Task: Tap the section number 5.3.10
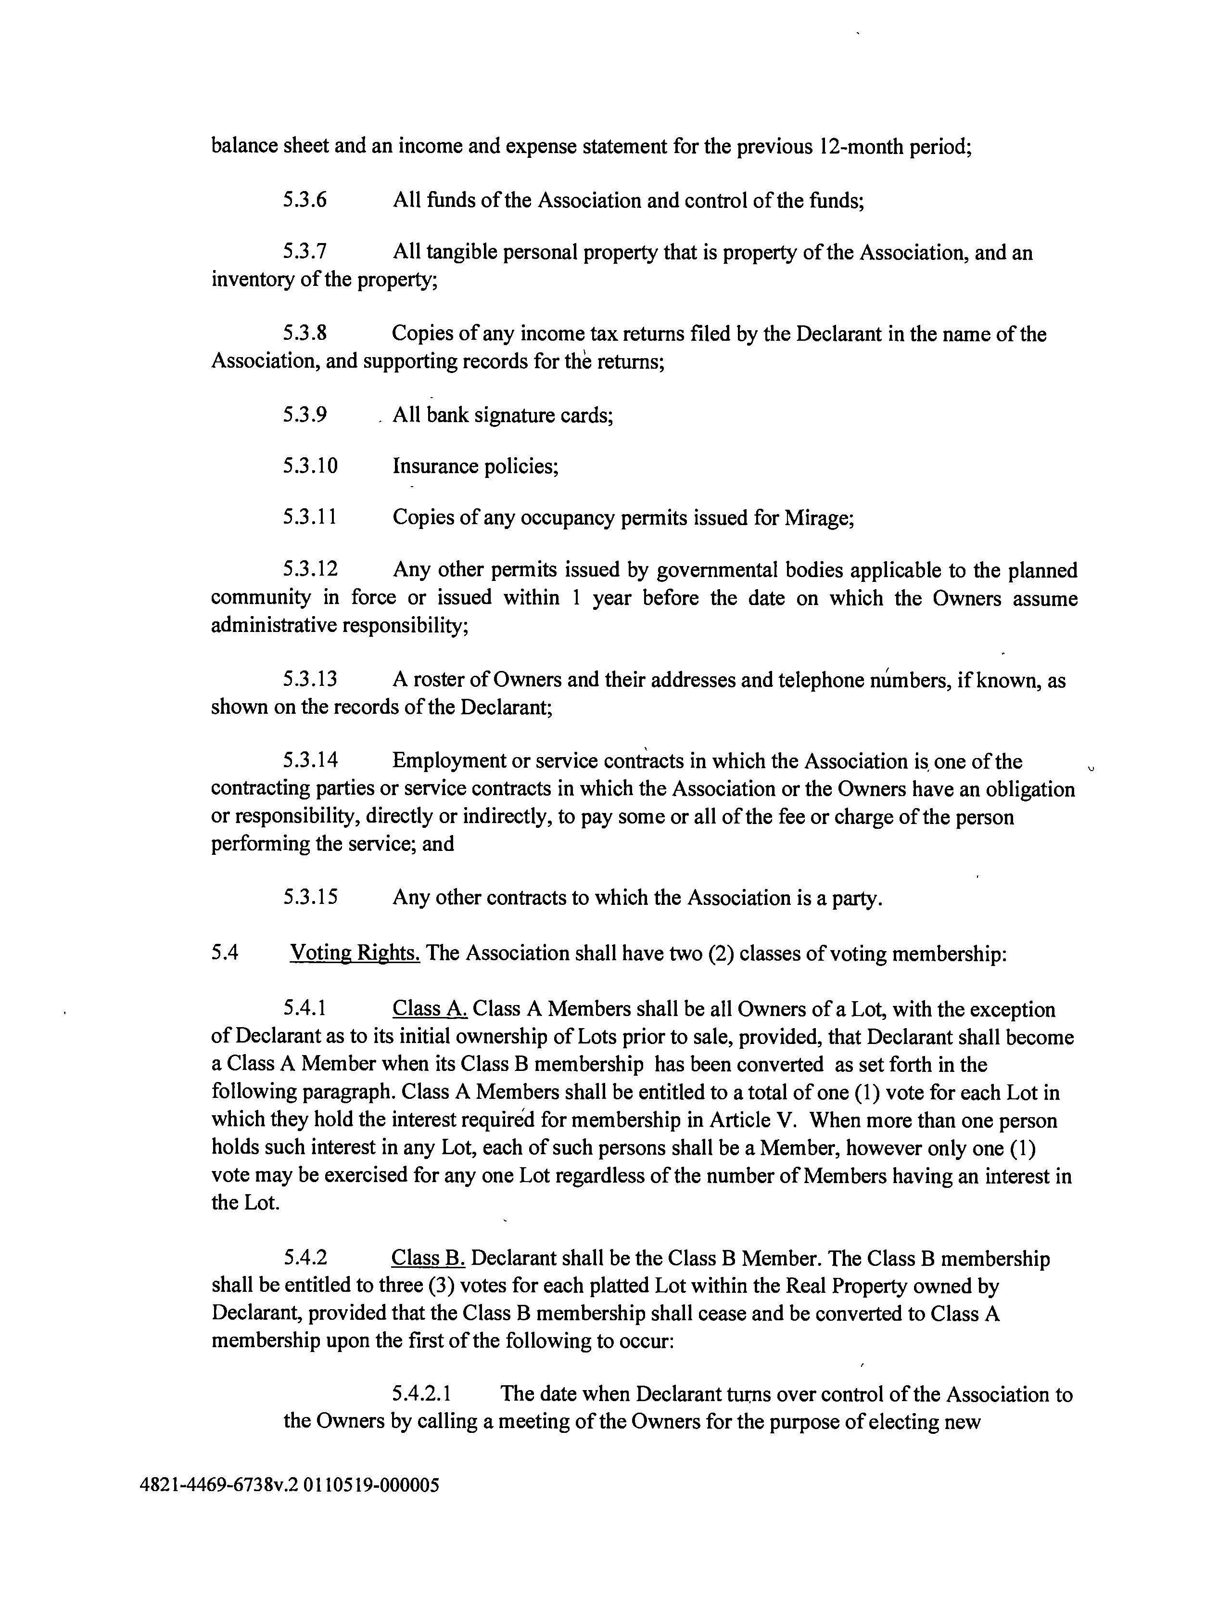click(310, 465)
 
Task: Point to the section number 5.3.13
click(310, 680)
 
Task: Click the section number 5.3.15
click(310, 897)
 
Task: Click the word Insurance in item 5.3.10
click(436, 465)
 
